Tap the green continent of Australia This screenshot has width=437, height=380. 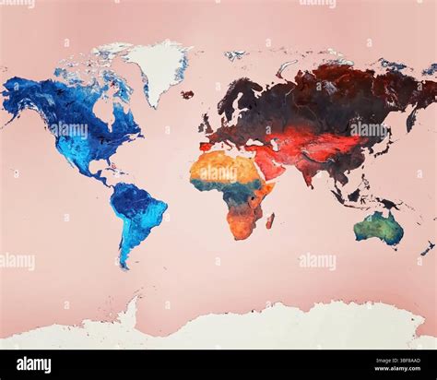(x=378, y=227)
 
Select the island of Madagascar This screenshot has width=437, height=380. (x=270, y=220)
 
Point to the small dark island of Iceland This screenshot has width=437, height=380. (x=187, y=94)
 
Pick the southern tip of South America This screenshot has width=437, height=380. (x=124, y=265)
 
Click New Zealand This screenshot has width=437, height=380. (x=427, y=248)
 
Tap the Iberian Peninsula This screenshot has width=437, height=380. (x=206, y=146)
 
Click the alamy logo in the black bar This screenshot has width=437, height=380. (x=35, y=364)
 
